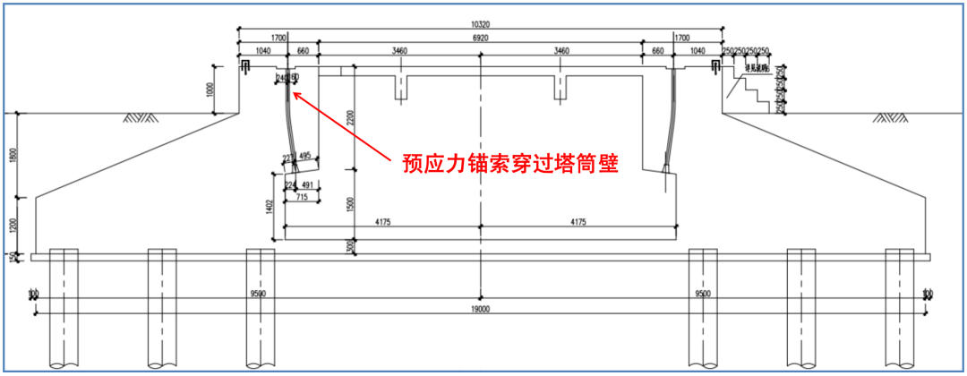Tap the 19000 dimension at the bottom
coord(481,310)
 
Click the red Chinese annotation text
coord(511,164)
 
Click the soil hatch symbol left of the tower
coord(139,117)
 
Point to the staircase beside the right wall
coord(751,91)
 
